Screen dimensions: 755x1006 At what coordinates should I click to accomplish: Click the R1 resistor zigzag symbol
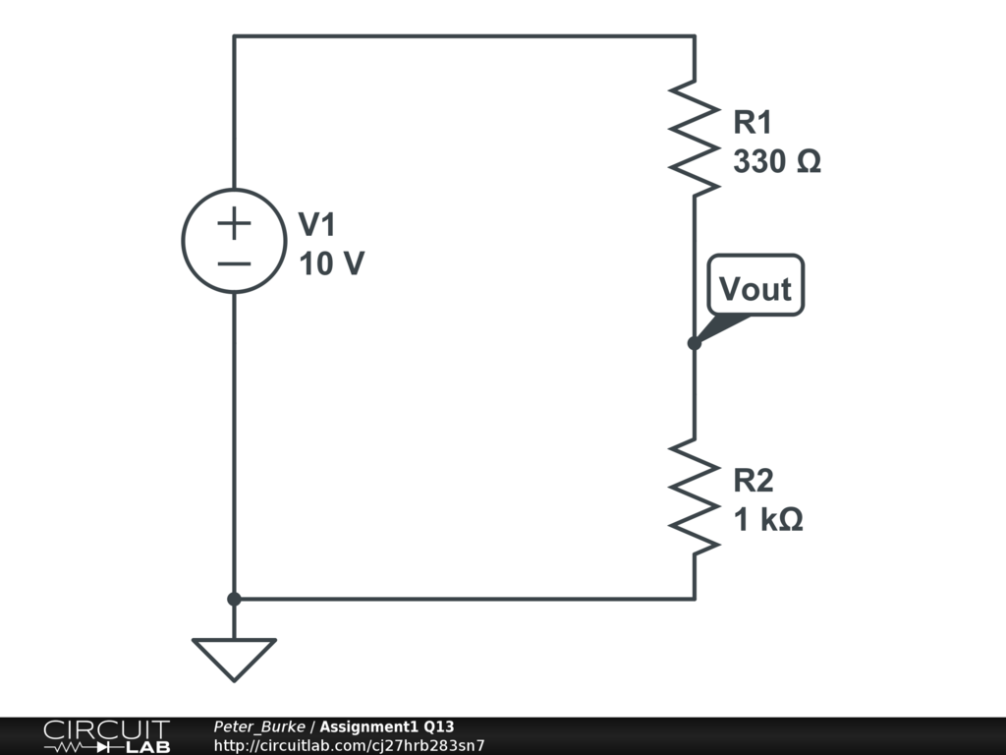(695, 135)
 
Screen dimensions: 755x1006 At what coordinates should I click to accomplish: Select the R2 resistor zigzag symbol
(695, 494)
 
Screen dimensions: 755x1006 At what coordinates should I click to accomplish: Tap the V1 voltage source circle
(234, 241)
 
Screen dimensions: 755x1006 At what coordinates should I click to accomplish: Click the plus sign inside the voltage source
(234, 224)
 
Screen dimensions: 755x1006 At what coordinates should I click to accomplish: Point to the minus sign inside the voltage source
(234, 262)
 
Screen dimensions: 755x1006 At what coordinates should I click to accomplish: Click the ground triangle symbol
(234, 658)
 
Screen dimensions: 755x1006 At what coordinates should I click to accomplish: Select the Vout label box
(755, 287)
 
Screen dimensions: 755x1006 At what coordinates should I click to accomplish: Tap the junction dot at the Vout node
(695, 343)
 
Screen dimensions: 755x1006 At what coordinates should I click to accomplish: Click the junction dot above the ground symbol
(234, 599)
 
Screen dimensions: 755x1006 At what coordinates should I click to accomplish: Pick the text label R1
(754, 123)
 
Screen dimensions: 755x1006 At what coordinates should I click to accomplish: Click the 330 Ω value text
(776, 162)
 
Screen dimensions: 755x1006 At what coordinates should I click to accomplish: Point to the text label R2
(754, 481)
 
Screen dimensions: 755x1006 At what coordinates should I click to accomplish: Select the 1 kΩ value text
(768, 520)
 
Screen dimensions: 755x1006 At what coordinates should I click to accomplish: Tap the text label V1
(317, 225)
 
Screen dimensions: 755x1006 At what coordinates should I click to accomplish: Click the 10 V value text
(332, 264)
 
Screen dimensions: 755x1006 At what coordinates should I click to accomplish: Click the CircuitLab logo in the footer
(105, 736)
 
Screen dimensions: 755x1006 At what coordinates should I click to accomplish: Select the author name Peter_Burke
(259, 726)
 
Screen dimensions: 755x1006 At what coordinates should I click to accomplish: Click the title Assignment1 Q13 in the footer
(386, 726)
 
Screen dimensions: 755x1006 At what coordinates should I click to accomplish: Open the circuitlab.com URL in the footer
(349, 745)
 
